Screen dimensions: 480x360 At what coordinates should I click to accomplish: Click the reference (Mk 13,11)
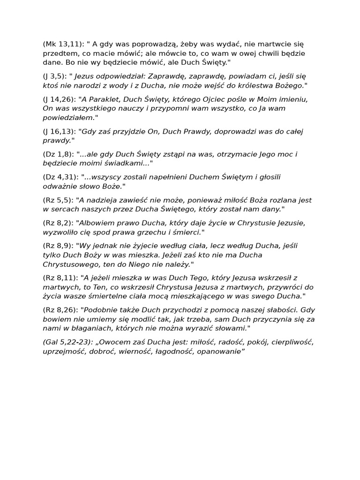tap(63, 44)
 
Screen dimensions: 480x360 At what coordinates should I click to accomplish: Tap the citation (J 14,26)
tap(59, 99)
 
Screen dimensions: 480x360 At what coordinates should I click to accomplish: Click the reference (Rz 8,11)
tap(60, 278)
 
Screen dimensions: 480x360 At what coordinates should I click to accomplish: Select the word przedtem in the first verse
tap(58, 53)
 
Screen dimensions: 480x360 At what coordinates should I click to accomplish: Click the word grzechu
tap(157, 232)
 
